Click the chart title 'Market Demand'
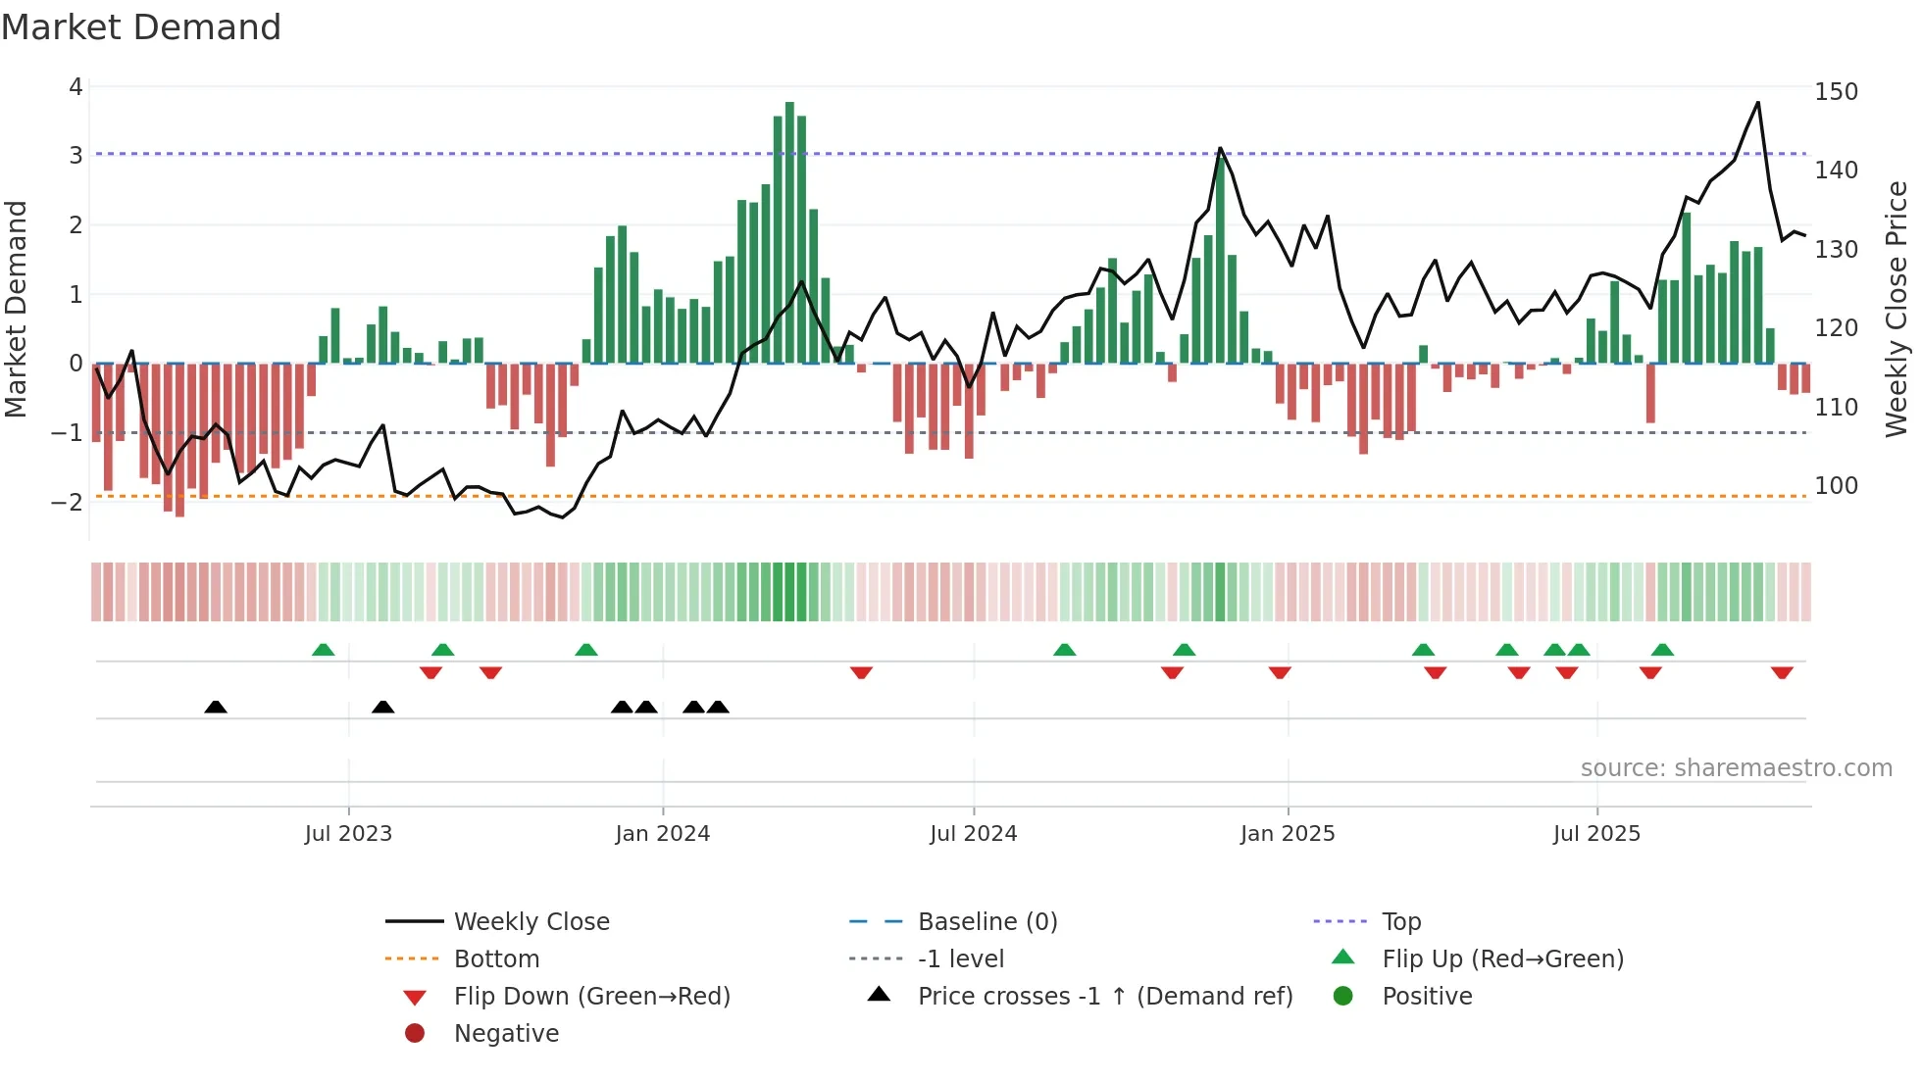point(141,27)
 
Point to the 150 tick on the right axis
point(1836,92)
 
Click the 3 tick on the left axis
point(76,155)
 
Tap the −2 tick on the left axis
point(68,502)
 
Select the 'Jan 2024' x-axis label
point(662,834)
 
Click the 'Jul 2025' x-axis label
point(1595,834)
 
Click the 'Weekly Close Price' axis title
point(1897,309)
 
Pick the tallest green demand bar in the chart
point(789,233)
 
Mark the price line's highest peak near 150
point(1757,103)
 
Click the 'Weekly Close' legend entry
point(531,922)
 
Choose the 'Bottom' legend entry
point(496,959)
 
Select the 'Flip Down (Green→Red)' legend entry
point(591,997)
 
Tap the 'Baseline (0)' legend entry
point(986,922)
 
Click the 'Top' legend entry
point(1400,922)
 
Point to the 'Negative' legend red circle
point(415,1034)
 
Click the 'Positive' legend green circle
point(1343,997)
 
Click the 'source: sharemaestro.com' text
point(1736,768)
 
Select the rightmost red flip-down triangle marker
point(1782,672)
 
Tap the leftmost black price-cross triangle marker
point(216,707)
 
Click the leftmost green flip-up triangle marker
point(323,649)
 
